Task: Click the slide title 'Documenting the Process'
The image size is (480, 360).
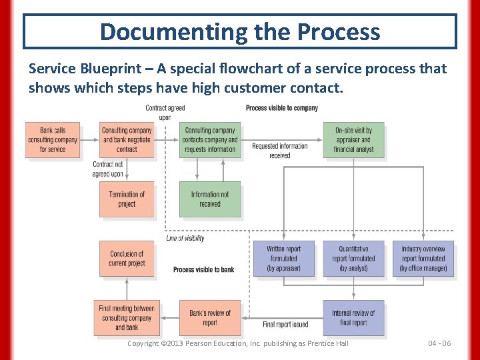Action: click(x=240, y=31)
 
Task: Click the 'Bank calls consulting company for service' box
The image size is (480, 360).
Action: click(x=53, y=140)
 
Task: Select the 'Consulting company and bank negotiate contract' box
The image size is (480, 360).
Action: click(x=127, y=140)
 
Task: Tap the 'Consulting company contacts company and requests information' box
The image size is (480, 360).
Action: click(x=210, y=140)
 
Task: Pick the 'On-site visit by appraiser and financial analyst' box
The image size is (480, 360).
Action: click(x=353, y=140)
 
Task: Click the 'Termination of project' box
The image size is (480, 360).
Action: click(x=127, y=199)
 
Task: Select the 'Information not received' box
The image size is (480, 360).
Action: click(x=210, y=199)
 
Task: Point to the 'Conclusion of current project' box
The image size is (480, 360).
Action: click(x=127, y=259)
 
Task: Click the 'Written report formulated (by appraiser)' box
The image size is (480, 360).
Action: click(x=284, y=259)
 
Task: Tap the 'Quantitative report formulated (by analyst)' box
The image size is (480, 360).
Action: click(x=353, y=259)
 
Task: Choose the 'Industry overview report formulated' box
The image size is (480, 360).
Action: click(x=423, y=259)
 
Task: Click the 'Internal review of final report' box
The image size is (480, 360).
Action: click(x=353, y=318)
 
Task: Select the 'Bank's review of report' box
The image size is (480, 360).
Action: click(x=210, y=318)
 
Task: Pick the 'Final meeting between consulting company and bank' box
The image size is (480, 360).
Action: click(x=127, y=318)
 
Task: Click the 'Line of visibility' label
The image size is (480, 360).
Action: click(x=185, y=238)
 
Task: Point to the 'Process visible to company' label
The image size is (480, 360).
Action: click(x=281, y=108)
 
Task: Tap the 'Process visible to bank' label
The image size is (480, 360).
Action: click(x=203, y=269)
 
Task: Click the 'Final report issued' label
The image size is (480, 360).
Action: click(x=285, y=325)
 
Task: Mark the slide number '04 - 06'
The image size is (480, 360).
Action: click(x=439, y=343)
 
